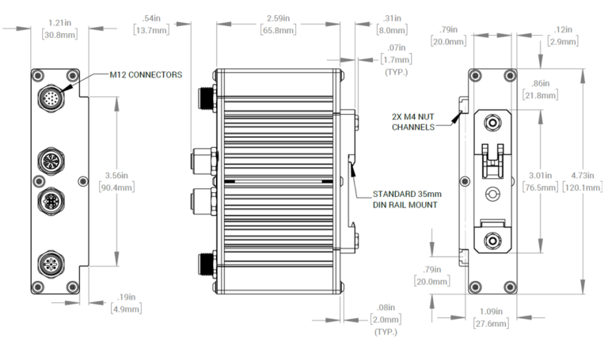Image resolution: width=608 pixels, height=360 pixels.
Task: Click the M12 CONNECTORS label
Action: (x=146, y=74)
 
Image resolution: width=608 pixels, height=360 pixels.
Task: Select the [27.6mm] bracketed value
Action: (x=490, y=324)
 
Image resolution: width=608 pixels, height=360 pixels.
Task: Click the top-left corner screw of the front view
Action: (x=37, y=75)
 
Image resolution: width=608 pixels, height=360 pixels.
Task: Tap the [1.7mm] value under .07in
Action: (x=396, y=59)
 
